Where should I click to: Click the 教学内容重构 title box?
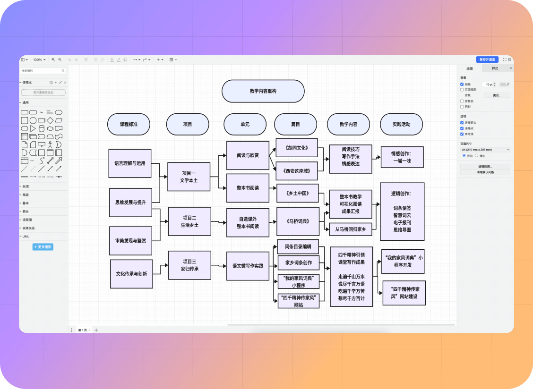pyautogui.click(x=263, y=91)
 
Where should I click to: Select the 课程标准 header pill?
pyautogui.click(x=129, y=124)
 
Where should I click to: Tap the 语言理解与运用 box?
pyautogui.click(x=130, y=163)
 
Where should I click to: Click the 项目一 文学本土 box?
pyautogui.click(x=189, y=177)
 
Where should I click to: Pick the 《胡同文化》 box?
pyautogui.click(x=296, y=148)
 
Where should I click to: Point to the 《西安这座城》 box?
pyautogui.click(x=296, y=171)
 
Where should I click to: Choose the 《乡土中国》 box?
pyautogui.click(x=297, y=193)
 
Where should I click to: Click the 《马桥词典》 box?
pyautogui.click(x=297, y=221)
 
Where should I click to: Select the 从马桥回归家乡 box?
pyautogui.click(x=350, y=229)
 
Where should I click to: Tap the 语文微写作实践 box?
pyautogui.click(x=248, y=266)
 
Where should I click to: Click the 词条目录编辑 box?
pyautogui.click(x=298, y=246)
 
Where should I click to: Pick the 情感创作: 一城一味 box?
pyautogui.click(x=402, y=157)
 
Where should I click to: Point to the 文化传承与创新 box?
pyautogui.click(x=131, y=274)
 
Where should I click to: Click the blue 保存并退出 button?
pyautogui.click(x=487, y=59)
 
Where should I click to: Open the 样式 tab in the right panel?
pyautogui.click(x=495, y=68)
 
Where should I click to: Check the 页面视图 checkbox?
pyautogui.click(x=462, y=89)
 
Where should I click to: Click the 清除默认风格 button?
pyautogui.click(x=485, y=172)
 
